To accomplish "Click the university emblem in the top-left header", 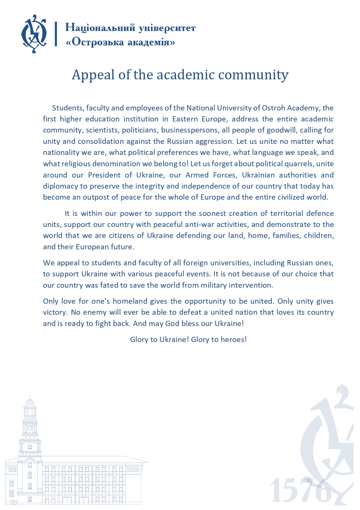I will click(34, 34).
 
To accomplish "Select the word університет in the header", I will click(167, 28).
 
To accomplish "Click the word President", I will click(104, 175).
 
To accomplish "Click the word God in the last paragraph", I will click(172, 324).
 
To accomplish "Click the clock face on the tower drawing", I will click(30, 428).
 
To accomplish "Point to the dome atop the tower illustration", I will click(30, 403).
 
